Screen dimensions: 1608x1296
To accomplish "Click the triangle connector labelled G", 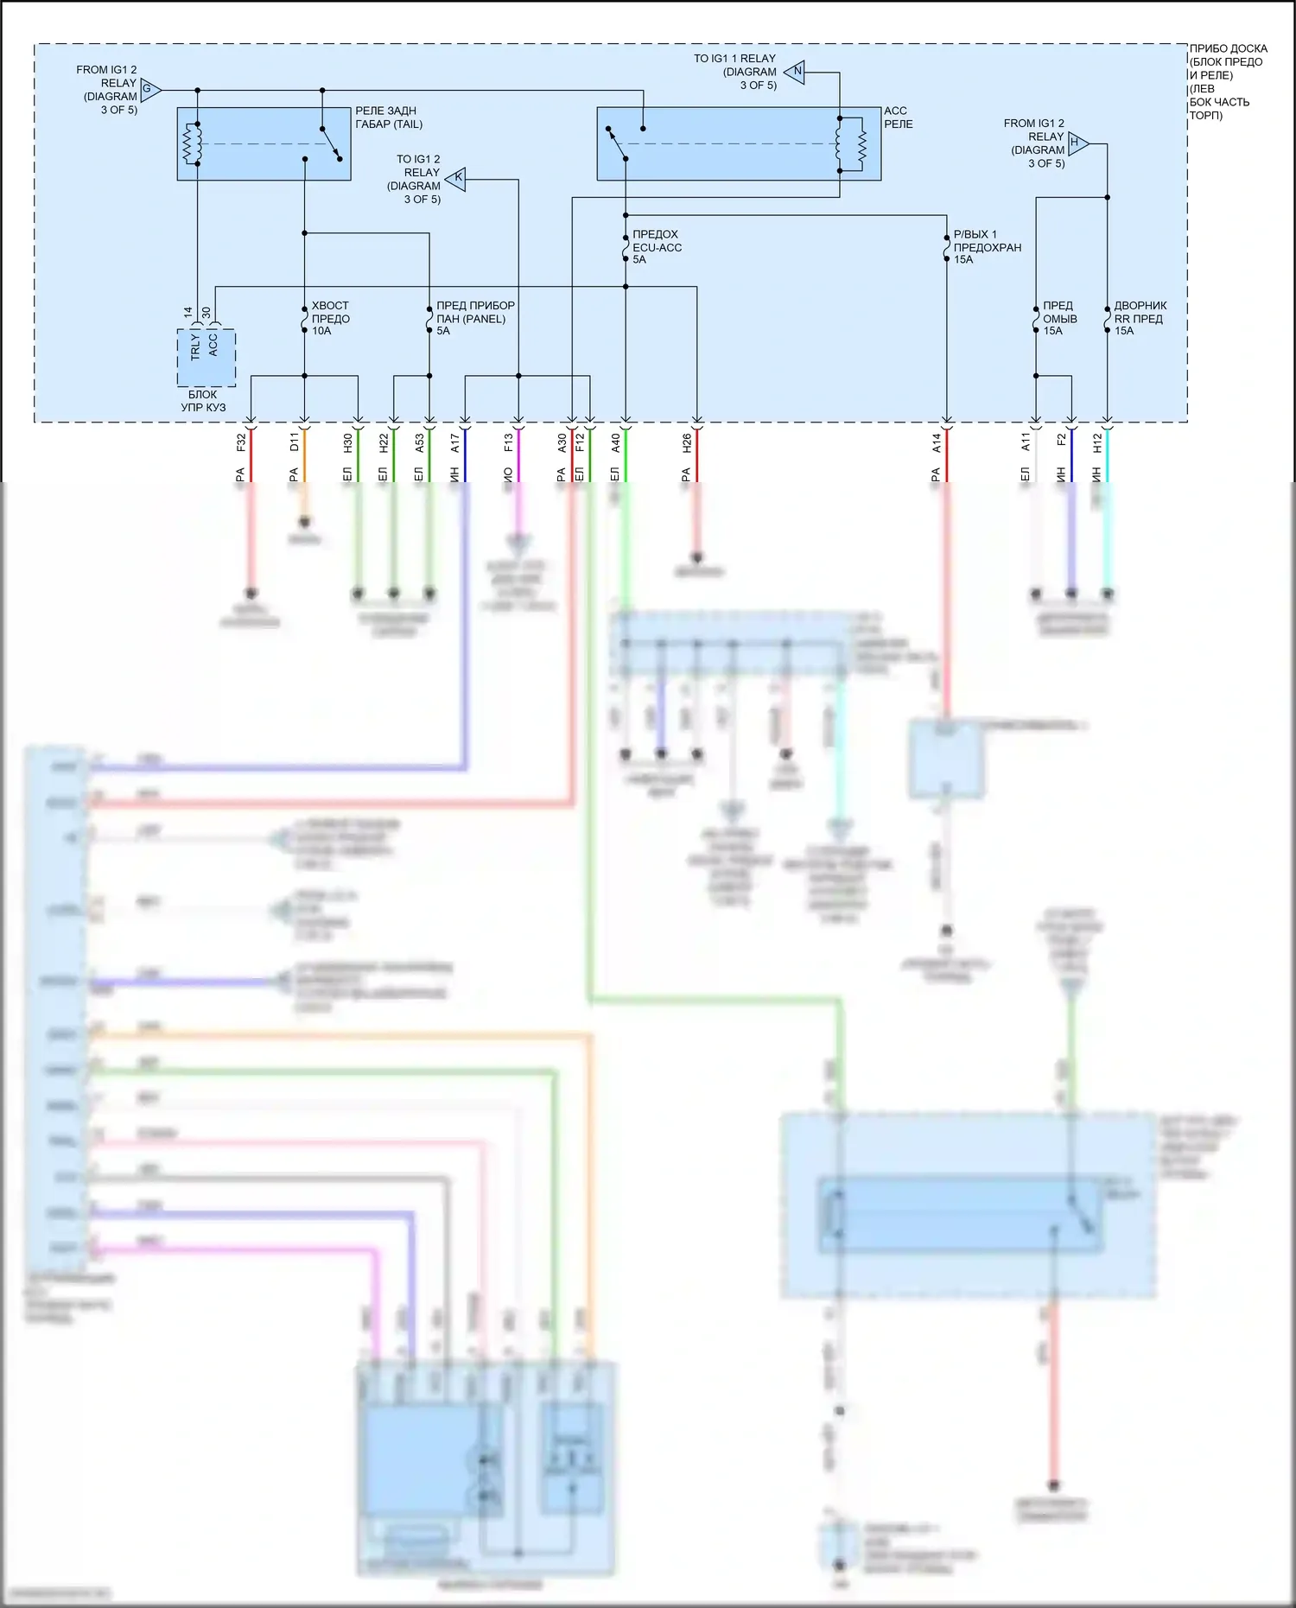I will pos(150,89).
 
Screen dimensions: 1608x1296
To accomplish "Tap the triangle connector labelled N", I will pos(796,72).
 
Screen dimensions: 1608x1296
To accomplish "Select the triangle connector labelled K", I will pos(456,179).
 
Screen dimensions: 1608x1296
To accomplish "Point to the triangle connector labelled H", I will pos(1077,143).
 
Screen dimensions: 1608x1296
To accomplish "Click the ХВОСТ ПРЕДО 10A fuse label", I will pos(330,318).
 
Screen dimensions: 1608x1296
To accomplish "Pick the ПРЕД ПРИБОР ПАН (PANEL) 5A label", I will pos(474,318).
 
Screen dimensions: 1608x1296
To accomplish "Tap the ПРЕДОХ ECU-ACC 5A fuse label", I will pos(657,247).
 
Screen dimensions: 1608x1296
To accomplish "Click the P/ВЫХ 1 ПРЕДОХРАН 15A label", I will pos(987,247).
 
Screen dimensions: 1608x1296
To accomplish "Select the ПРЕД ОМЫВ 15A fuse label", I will pos(1059,318).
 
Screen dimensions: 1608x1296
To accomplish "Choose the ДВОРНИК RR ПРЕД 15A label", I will pos(1140,318).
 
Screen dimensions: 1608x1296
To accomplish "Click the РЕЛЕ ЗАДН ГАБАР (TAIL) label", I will pos(388,118).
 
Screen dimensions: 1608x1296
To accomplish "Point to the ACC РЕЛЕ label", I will pos(898,118).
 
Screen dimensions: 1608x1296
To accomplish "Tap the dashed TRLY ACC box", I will pos(206,358).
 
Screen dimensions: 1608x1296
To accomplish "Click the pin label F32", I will pos(241,442).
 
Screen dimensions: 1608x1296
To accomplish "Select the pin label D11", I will pos(295,442).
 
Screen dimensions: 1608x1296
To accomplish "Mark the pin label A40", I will pos(616,442).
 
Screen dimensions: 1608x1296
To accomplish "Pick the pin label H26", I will pos(687,442).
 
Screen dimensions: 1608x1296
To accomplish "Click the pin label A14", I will pos(937,442).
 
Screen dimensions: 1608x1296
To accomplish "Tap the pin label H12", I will pos(1097,442).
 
